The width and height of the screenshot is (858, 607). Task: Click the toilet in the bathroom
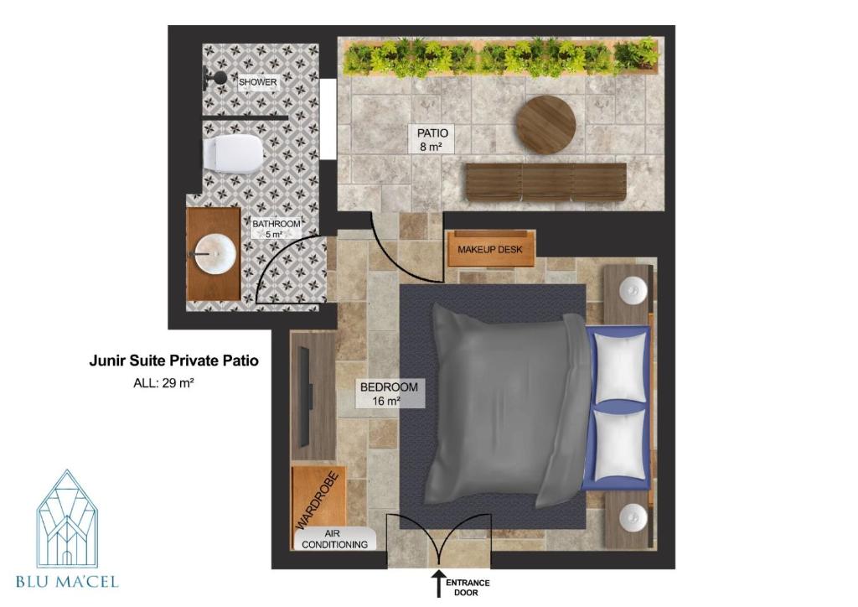[233, 153]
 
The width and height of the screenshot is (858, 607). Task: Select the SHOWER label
[258, 82]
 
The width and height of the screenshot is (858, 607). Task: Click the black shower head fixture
[214, 78]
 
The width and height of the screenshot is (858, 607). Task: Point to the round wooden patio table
[546, 125]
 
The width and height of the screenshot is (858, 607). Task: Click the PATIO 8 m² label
[432, 139]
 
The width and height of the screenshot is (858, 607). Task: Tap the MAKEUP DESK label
[489, 250]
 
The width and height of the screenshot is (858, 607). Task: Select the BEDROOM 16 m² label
[389, 393]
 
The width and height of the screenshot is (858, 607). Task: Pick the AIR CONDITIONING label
[334, 539]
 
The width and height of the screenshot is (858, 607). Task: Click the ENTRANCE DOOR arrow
[437, 583]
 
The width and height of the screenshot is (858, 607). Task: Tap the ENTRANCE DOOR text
[468, 588]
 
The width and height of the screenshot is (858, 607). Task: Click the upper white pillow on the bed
[621, 368]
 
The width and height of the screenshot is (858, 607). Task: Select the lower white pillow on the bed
[621, 443]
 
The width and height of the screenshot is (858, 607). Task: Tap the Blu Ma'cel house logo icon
[67, 518]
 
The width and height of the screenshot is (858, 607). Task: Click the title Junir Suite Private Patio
[173, 361]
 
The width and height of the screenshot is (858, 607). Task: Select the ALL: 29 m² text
[163, 382]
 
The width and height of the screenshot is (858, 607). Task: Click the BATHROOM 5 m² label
[276, 229]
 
